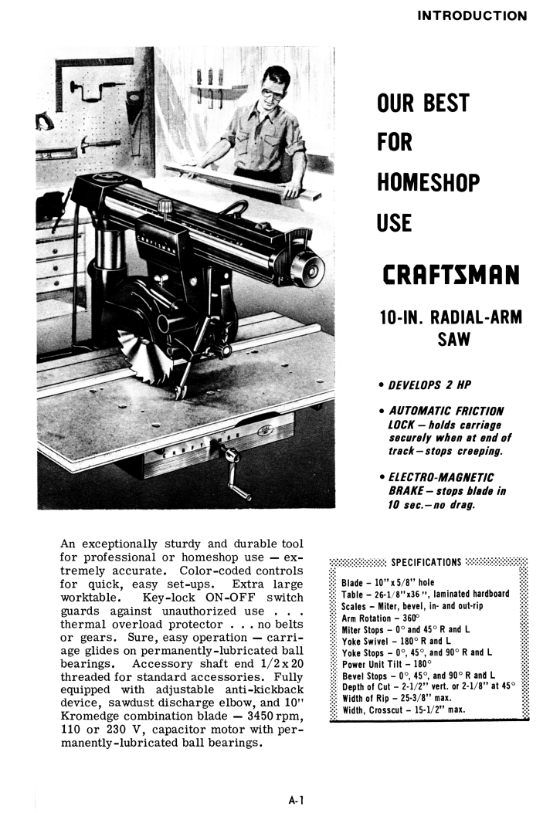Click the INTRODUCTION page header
tap(472, 15)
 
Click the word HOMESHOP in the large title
tap(428, 183)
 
